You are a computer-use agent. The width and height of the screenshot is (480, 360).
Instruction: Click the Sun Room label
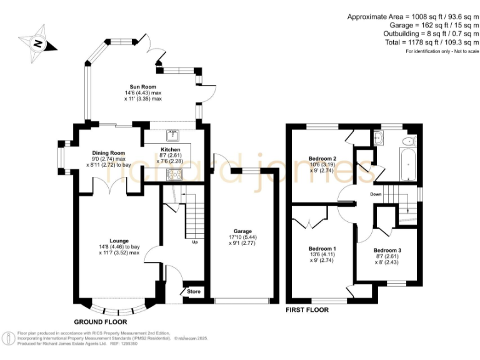142,87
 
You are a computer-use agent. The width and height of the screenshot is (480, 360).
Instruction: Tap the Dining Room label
109,152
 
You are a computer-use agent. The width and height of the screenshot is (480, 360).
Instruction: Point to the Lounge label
119,241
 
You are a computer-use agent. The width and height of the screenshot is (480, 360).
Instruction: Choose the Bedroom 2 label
323,158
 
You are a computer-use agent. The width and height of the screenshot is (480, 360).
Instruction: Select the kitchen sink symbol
171,134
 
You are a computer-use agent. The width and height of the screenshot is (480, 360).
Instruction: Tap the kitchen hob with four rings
174,174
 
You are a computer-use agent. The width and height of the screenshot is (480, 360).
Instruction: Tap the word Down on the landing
376,194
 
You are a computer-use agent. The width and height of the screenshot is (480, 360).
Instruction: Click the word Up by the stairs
195,242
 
